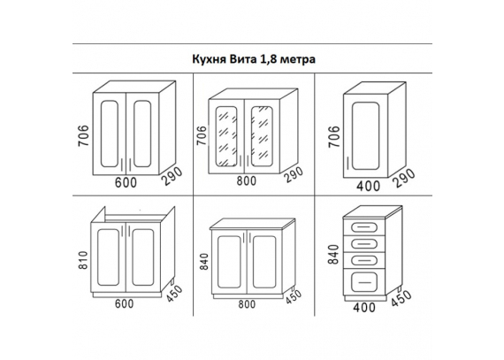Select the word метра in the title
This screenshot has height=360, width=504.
[x=298, y=60]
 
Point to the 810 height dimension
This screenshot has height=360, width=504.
[x=82, y=260]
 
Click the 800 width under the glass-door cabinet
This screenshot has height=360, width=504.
[x=247, y=181]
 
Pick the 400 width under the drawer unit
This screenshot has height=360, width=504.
[x=364, y=308]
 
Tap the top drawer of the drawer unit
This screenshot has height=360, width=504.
[x=364, y=227]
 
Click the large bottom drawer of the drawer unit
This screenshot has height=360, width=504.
[x=364, y=282]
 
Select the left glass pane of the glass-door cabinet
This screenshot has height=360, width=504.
[x=226, y=136]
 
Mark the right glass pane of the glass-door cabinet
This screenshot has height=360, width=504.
[x=262, y=136]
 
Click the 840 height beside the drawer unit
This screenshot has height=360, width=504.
[x=333, y=254]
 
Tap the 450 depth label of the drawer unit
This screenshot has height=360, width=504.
[x=401, y=299]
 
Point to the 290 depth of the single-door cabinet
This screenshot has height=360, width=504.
[x=404, y=178]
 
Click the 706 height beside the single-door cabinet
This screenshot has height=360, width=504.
[x=334, y=136]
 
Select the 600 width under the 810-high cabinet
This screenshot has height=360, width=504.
[x=124, y=303]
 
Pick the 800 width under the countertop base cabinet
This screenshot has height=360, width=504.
[x=247, y=304]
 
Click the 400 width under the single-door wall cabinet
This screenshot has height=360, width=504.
[x=368, y=186]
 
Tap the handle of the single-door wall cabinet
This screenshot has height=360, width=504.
[x=348, y=164]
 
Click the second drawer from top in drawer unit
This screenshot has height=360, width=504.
[x=364, y=243]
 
